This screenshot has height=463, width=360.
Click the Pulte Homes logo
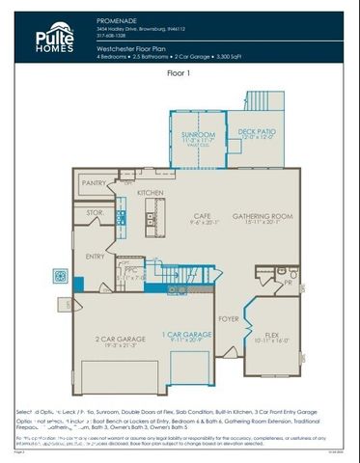click(54, 38)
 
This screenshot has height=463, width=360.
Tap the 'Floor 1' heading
click(179, 71)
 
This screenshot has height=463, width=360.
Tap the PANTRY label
click(94, 182)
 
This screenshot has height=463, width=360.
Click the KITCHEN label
click(150, 193)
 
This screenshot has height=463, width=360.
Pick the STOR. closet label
click(94, 212)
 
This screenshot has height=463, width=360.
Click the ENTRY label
click(95, 257)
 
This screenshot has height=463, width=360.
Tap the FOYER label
click(229, 317)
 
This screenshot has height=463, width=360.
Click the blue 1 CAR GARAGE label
click(185, 334)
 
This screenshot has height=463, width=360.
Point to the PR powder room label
click(288, 285)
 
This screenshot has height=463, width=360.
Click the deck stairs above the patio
click(263, 101)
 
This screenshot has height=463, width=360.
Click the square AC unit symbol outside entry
click(61, 278)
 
